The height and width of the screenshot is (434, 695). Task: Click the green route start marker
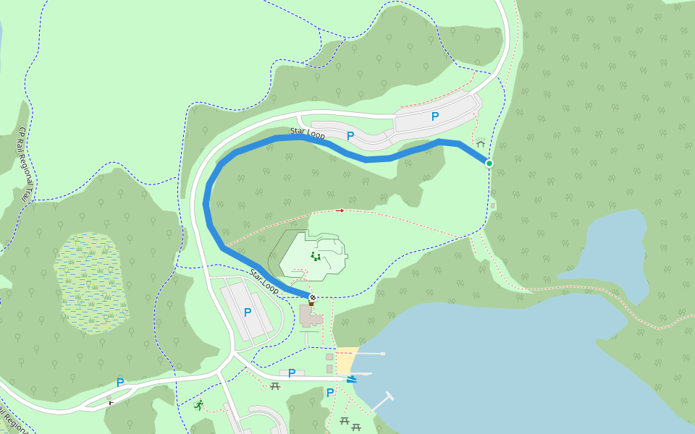(x=489, y=163)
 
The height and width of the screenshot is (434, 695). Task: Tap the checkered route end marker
(x=313, y=297)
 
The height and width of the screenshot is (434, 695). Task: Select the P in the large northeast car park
(x=435, y=116)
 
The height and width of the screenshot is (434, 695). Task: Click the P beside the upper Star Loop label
(x=350, y=135)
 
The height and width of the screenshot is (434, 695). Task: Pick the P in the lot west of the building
(x=248, y=312)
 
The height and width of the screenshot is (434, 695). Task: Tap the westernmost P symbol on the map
(x=120, y=382)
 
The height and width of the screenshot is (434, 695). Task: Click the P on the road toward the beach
(x=292, y=373)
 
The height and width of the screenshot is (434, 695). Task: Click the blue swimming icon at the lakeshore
(x=351, y=379)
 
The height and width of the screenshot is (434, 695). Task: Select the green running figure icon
(x=198, y=405)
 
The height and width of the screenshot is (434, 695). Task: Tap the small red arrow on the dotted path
(x=340, y=210)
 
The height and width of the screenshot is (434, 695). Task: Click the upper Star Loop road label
(x=308, y=133)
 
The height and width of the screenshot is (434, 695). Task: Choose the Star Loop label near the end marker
(x=264, y=281)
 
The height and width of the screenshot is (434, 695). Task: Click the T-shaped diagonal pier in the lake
(x=382, y=401)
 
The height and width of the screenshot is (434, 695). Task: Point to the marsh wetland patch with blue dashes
(x=91, y=282)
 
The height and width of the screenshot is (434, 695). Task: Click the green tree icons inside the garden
(x=316, y=256)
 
